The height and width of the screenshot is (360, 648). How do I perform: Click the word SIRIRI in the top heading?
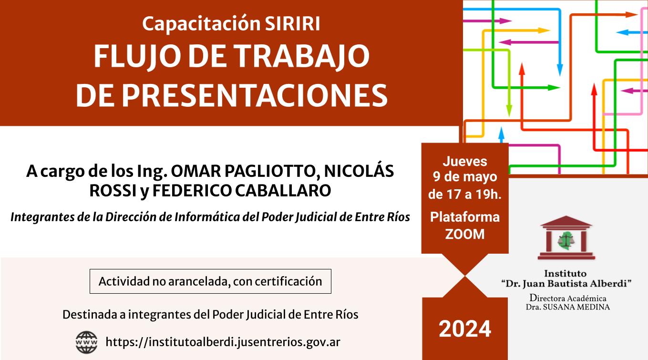292,23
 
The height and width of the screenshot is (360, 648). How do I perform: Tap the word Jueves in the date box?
465,162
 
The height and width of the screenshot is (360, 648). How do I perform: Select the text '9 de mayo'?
465,177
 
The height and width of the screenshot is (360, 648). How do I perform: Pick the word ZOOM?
465,234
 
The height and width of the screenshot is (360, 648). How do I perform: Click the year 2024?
465,329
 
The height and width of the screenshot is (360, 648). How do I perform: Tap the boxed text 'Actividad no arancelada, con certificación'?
210,281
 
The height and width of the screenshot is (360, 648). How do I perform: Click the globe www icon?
86,342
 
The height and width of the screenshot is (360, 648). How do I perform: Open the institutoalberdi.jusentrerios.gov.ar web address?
223,342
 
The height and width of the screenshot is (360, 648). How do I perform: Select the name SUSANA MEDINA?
576,308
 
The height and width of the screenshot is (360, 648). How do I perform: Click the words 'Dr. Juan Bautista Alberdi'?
566,284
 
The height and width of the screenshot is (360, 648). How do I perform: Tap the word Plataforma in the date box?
465,217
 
